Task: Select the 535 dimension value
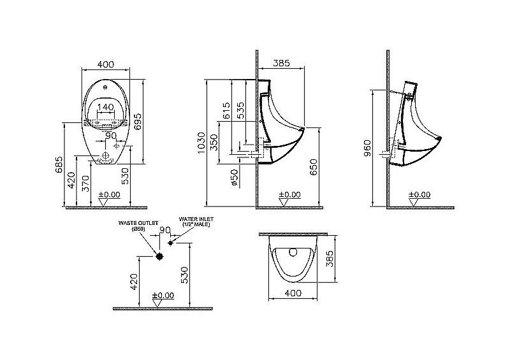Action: pyautogui.click(x=241, y=110)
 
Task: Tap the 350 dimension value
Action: pyautogui.click(x=214, y=141)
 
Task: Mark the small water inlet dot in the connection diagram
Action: pyautogui.click(x=171, y=243)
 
